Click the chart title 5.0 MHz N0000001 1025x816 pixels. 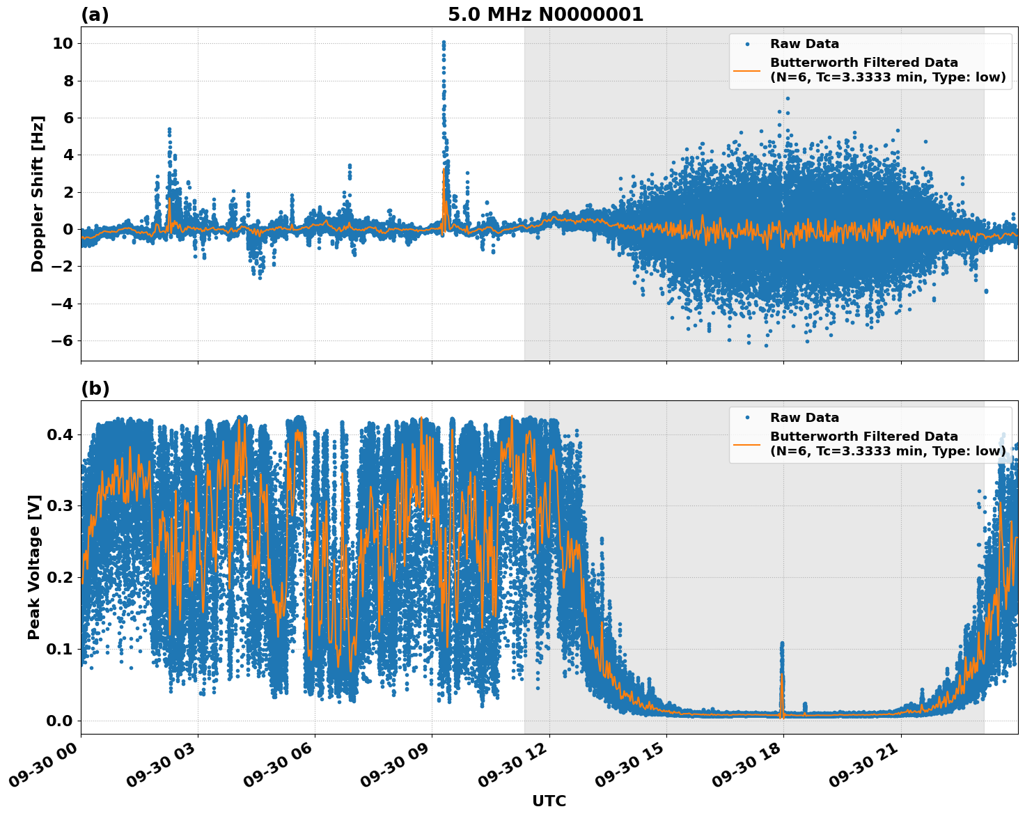(x=545, y=15)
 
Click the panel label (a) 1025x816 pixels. (x=95, y=15)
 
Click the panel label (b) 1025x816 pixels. (x=95, y=389)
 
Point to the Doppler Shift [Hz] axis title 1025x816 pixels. (x=38, y=194)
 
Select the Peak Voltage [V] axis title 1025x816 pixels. (x=34, y=567)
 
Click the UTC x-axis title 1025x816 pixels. (x=549, y=801)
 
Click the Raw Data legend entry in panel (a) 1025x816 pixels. (x=804, y=44)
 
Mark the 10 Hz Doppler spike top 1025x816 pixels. (x=444, y=43)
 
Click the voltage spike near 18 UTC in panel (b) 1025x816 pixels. (x=781, y=645)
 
